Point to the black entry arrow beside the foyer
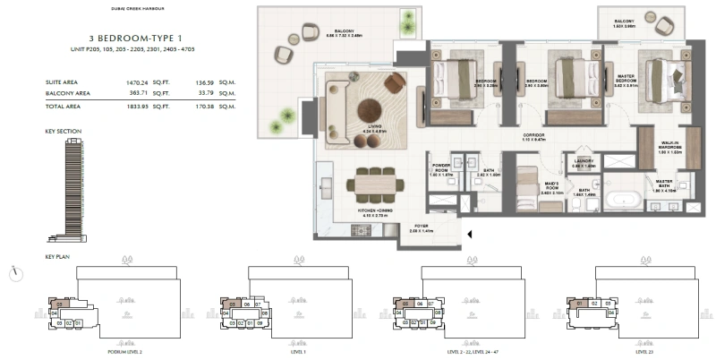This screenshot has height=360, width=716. tap(468, 236)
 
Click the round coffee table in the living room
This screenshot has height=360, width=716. tap(371, 112)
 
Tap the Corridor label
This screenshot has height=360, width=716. tap(536, 138)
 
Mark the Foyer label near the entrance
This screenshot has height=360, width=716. tap(421, 227)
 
